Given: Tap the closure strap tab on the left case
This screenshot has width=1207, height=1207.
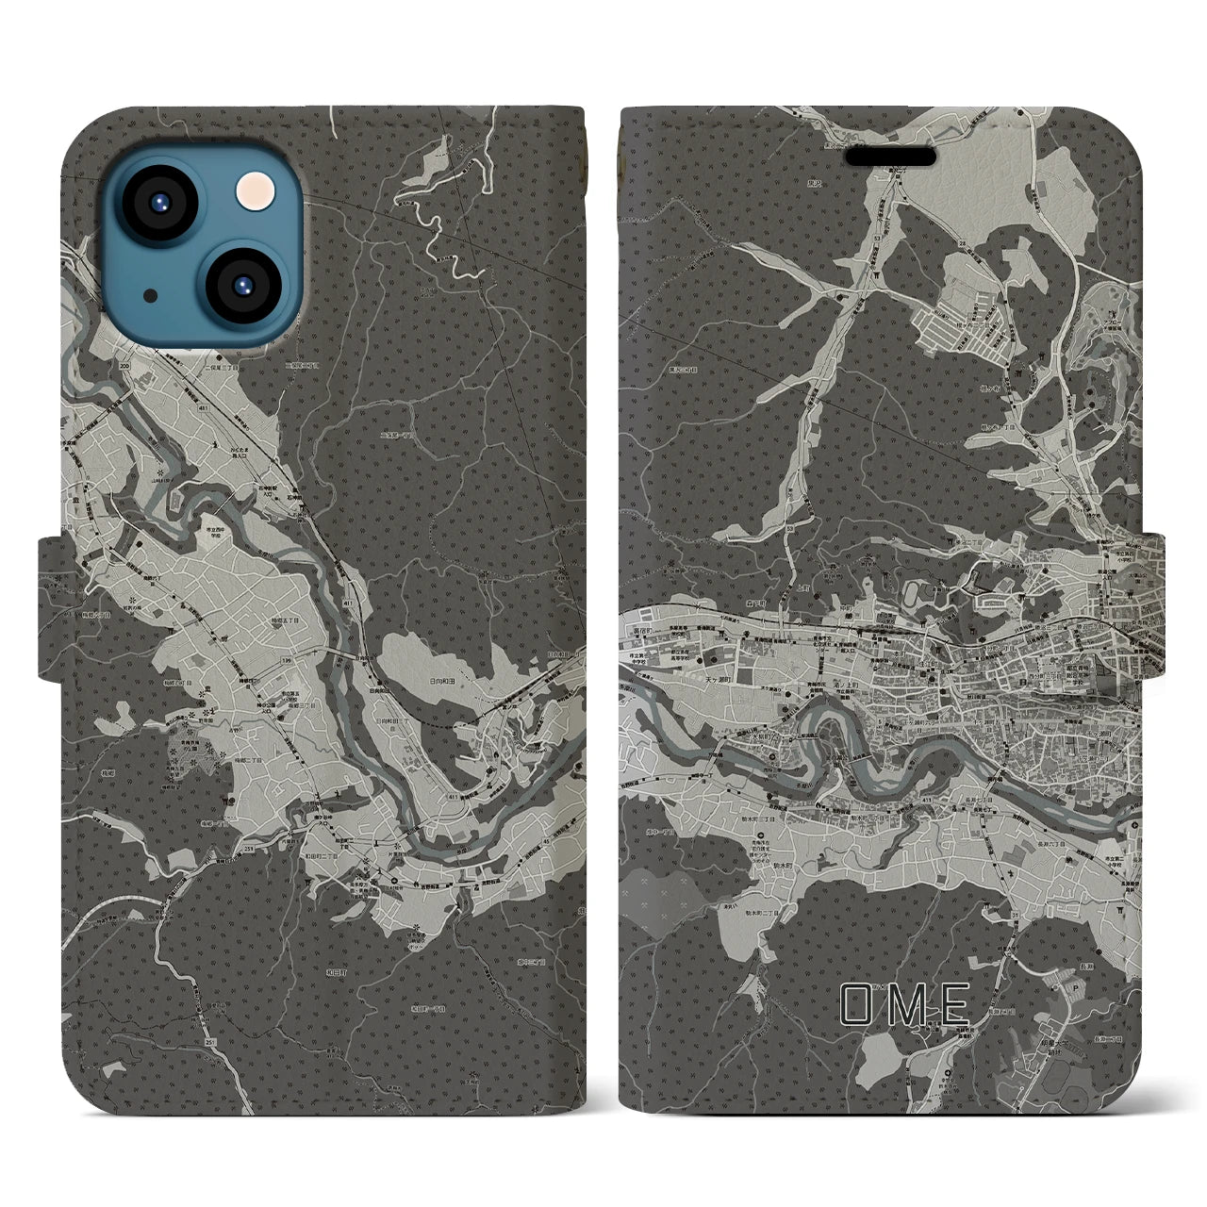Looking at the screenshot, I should click(52, 608).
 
